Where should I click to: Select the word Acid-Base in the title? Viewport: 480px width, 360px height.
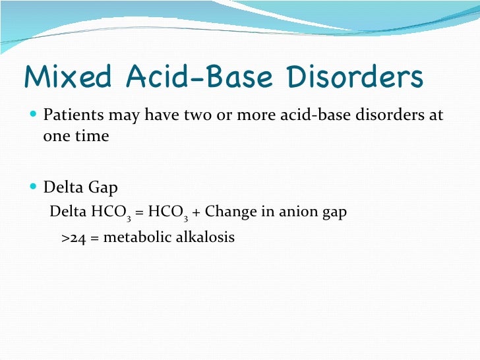197,78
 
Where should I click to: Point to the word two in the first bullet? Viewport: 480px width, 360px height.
195,116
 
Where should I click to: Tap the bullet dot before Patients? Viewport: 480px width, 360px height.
34,116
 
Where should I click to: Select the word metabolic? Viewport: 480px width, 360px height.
131,237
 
